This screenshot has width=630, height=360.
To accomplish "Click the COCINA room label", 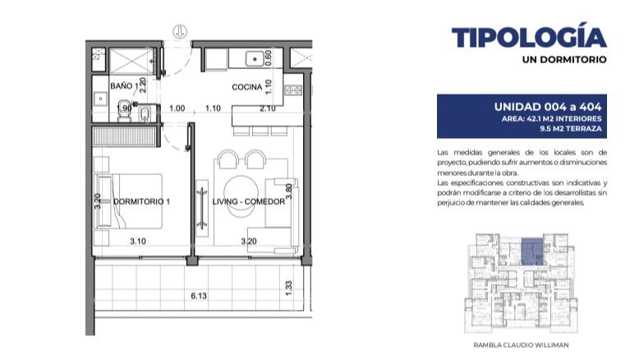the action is pyautogui.click(x=246, y=87).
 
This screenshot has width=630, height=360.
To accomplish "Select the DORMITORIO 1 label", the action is pyautogui.click(x=141, y=201).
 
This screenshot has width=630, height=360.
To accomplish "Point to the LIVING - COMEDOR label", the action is pyautogui.click(x=249, y=201).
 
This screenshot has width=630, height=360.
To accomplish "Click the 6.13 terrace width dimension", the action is pyautogui.click(x=199, y=296).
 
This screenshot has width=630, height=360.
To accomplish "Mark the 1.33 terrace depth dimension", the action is pyautogui.click(x=288, y=288).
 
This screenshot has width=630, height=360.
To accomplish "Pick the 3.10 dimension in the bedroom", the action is pyautogui.click(x=138, y=242).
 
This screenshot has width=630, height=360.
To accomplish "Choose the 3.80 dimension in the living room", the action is pyautogui.click(x=288, y=192).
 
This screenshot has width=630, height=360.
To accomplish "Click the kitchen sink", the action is pyautogui.click(x=255, y=58).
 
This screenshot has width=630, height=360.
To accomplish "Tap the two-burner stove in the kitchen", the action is pyautogui.click(x=293, y=90).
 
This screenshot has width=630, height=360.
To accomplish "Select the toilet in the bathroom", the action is pyautogui.click(x=123, y=111).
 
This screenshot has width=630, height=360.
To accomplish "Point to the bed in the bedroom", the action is pyautogui.click(x=128, y=201).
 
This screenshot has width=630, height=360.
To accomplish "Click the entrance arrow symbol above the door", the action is pyautogui.click(x=180, y=31).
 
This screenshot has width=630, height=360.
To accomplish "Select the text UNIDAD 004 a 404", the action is pyautogui.click(x=548, y=107).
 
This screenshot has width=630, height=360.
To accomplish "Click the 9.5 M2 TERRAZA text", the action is pyautogui.click(x=571, y=129).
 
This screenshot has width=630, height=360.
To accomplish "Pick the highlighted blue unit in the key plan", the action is pyautogui.click(x=532, y=252).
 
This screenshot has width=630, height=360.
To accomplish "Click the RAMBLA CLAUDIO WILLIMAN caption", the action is pyautogui.click(x=521, y=345).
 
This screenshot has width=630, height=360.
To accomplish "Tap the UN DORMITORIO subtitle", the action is pyautogui.click(x=564, y=59).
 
